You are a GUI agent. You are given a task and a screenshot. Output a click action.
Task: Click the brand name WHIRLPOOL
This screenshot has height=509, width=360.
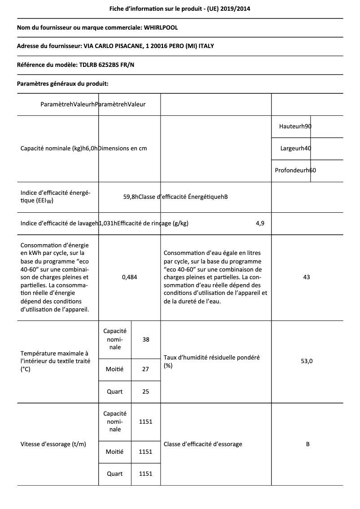tap(161, 28)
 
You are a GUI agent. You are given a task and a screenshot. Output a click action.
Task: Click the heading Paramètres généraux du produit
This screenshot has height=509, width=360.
tap(62, 83)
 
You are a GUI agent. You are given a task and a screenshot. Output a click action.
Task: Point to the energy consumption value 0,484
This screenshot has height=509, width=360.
tap(129, 277)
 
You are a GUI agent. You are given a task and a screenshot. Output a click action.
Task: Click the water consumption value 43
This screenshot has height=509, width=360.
tap(307, 277)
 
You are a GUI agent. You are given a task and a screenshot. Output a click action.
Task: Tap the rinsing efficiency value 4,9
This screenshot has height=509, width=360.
tap(260, 224)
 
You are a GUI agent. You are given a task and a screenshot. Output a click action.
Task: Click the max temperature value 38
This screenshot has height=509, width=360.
tap(146, 340)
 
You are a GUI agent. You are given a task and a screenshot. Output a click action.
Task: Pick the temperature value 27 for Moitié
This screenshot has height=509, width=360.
tap(146, 369)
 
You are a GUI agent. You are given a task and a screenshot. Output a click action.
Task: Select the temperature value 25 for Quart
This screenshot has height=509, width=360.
tap(146, 392)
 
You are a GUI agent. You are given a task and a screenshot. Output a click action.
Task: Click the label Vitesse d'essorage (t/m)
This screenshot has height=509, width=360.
tap(53, 444)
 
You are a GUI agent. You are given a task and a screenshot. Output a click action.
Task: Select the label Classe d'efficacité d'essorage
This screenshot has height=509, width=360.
tap(203, 444)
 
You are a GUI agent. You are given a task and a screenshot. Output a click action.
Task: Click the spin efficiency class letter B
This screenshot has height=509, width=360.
tap(307, 444)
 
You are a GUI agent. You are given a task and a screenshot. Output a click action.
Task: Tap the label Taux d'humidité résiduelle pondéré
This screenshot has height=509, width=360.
tap(211, 358)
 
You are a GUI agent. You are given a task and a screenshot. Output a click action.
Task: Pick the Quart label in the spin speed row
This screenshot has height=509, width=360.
tap(114, 474)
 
